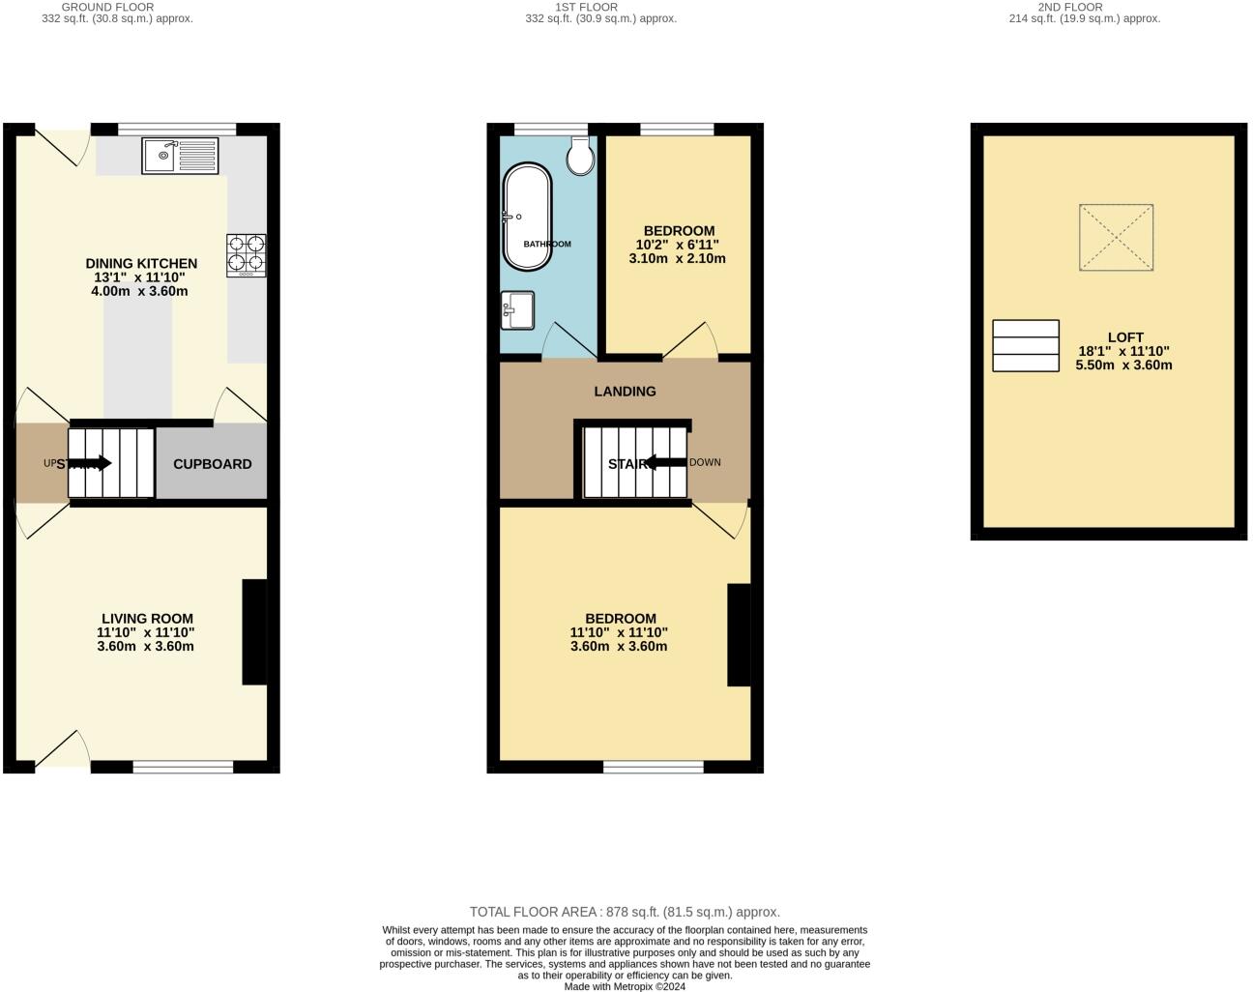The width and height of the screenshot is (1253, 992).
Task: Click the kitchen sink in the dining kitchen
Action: point(181,155)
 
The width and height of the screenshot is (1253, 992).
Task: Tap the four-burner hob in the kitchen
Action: point(246,255)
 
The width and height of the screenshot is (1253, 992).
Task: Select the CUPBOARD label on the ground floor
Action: point(212,464)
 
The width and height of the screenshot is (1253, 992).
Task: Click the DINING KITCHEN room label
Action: point(141,263)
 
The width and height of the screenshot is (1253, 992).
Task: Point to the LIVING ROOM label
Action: point(147,619)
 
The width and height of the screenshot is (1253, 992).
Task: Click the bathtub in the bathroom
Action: point(526,217)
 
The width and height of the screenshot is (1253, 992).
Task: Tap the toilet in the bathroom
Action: point(581,156)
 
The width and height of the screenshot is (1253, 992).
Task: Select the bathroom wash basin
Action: point(517,310)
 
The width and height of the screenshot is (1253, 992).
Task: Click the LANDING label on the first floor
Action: point(625,392)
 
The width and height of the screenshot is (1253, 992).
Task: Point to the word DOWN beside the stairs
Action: point(705,462)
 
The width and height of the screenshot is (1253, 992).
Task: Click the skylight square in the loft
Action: point(1116,237)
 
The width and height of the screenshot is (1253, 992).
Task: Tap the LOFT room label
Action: point(1125,337)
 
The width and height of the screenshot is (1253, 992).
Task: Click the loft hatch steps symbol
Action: point(1026,346)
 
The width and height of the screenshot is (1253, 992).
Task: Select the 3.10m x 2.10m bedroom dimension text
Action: point(677,258)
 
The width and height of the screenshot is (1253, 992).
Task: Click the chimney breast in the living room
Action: point(254,632)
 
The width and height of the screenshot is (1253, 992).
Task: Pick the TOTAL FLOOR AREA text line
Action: point(625,912)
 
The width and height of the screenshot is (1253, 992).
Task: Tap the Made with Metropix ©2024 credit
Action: point(625,986)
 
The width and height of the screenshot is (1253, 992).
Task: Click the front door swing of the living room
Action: point(62,750)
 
